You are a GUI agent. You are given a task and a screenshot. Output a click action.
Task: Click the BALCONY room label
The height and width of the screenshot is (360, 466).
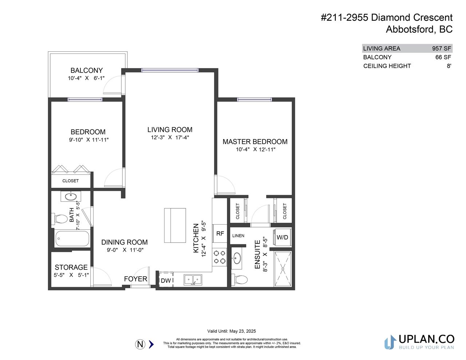(86, 70)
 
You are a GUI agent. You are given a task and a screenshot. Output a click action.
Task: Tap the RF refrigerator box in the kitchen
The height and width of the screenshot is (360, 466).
(220, 233)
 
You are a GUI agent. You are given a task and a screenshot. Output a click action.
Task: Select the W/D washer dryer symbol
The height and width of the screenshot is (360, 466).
(282, 237)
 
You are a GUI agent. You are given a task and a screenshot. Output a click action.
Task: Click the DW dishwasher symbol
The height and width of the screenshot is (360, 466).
(166, 280)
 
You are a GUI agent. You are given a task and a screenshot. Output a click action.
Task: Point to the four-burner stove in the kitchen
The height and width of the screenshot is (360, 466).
(220, 257)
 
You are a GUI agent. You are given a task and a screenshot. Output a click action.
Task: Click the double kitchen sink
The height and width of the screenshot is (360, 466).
(193, 280)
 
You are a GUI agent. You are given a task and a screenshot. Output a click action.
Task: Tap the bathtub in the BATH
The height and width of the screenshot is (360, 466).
(72, 238)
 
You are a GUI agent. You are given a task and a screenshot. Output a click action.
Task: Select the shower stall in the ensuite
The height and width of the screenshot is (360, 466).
(283, 269)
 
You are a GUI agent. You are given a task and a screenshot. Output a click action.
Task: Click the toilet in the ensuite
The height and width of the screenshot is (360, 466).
(240, 280)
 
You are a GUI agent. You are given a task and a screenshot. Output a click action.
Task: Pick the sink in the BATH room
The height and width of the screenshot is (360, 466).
(71, 197)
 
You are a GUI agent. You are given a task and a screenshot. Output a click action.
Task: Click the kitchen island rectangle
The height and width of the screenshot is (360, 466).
(175, 225)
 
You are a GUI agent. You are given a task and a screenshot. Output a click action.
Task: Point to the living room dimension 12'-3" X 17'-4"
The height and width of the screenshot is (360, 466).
(170, 138)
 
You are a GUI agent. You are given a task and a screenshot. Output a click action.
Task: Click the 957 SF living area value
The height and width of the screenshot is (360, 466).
(442, 48)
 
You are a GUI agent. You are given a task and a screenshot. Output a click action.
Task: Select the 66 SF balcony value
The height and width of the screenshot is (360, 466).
(443, 57)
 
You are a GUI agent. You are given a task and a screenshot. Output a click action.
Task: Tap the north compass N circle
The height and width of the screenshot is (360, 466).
(140, 344)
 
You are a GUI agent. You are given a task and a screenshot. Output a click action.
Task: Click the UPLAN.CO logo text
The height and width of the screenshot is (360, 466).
(427, 339)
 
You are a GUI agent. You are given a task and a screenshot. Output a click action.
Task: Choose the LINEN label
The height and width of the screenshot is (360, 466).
(238, 236)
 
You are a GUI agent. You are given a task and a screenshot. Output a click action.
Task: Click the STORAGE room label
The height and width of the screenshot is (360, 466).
(71, 267)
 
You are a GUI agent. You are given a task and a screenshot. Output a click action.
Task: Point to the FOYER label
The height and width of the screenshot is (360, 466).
(135, 279)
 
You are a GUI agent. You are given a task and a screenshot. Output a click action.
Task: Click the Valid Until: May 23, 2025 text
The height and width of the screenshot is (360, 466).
(232, 331)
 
